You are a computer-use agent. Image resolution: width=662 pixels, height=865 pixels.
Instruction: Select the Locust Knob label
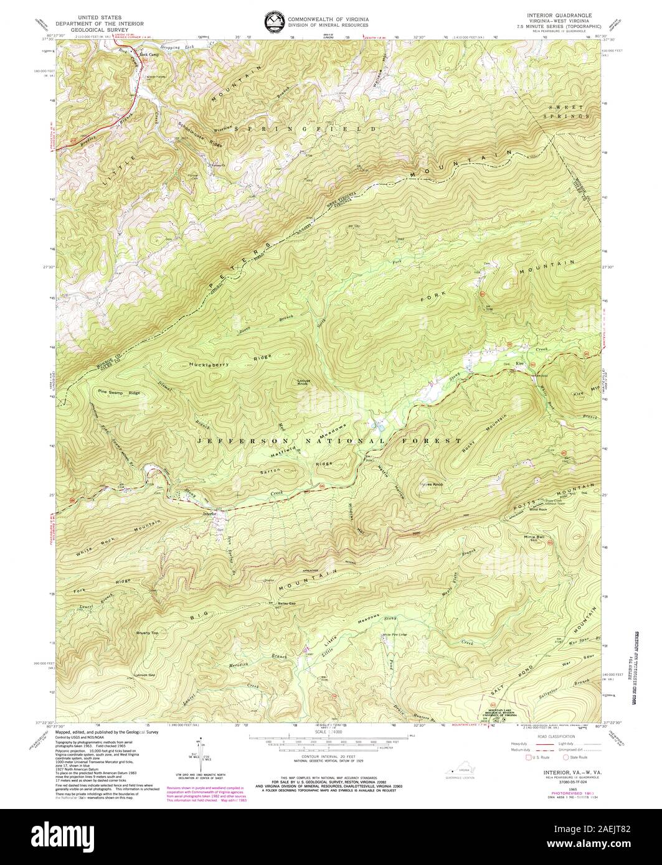click(x=303, y=381)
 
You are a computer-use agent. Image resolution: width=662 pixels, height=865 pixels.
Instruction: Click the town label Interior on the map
click(x=209, y=514)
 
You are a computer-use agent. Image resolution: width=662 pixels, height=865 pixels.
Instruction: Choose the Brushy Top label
click(x=148, y=633)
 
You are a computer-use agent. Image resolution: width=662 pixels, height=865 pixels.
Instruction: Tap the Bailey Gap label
click(x=286, y=604)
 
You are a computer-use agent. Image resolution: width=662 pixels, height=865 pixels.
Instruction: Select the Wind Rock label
click(x=537, y=510)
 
